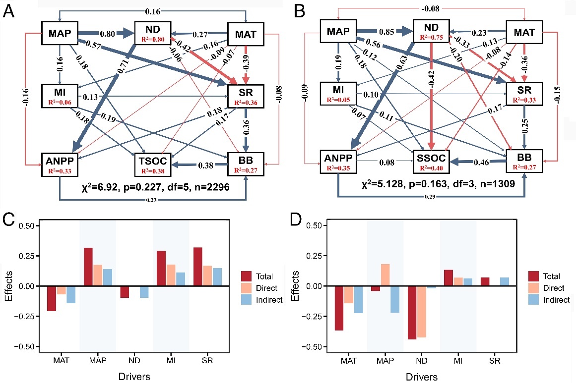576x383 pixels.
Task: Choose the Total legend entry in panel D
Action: [x=552, y=276]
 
